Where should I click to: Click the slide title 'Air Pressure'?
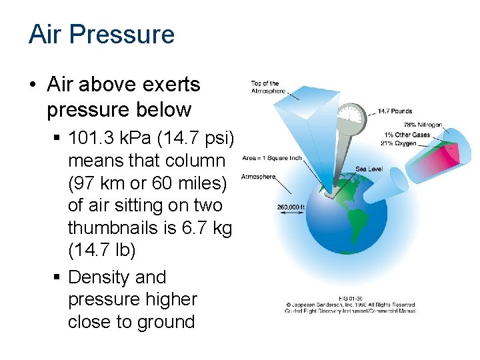(101, 34)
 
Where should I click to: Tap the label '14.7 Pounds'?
(395, 111)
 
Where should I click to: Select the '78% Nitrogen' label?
(423, 125)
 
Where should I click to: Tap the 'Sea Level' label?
(369, 169)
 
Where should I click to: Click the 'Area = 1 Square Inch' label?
(273, 158)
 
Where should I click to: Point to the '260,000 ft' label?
(291, 207)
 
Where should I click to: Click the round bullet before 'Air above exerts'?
(32, 85)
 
